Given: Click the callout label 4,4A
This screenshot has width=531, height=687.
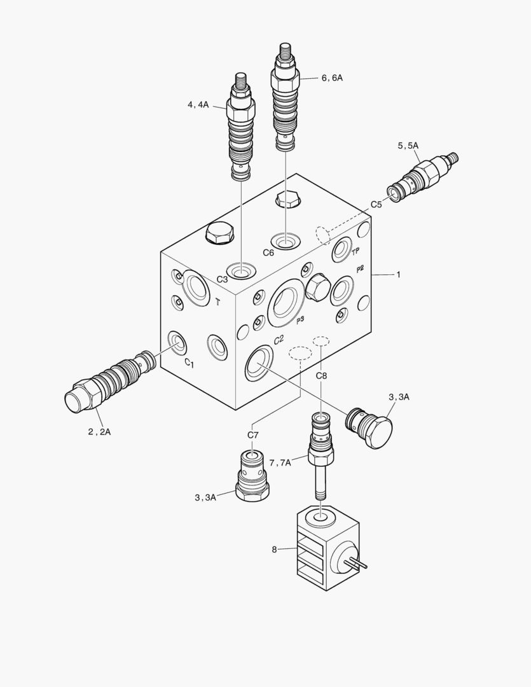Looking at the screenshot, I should [x=198, y=105].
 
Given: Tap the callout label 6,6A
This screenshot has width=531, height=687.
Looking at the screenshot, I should [x=332, y=78].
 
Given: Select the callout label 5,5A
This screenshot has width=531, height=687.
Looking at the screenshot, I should [x=408, y=146].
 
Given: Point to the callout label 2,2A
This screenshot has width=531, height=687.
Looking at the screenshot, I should [x=99, y=431].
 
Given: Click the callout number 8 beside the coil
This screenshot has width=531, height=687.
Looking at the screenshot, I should [x=274, y=550].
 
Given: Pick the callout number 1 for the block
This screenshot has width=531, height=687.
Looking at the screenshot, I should [x=398, y=274].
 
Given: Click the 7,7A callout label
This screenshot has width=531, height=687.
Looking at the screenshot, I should [x=280, y=462].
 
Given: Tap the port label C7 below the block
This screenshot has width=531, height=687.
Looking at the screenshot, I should [x=253, y=434].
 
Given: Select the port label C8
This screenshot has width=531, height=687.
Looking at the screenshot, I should [x=322, y=375].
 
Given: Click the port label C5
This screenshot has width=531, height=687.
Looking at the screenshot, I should [x=376, y=204].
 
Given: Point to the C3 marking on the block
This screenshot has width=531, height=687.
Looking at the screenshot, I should [x=222, y=279].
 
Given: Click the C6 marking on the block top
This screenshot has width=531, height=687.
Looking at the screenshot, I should [x=268, y=253].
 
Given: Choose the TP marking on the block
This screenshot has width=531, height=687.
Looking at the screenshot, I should [x=355, y=252].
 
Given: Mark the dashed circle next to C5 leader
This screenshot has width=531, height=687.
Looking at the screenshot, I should [x=323, y=234].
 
